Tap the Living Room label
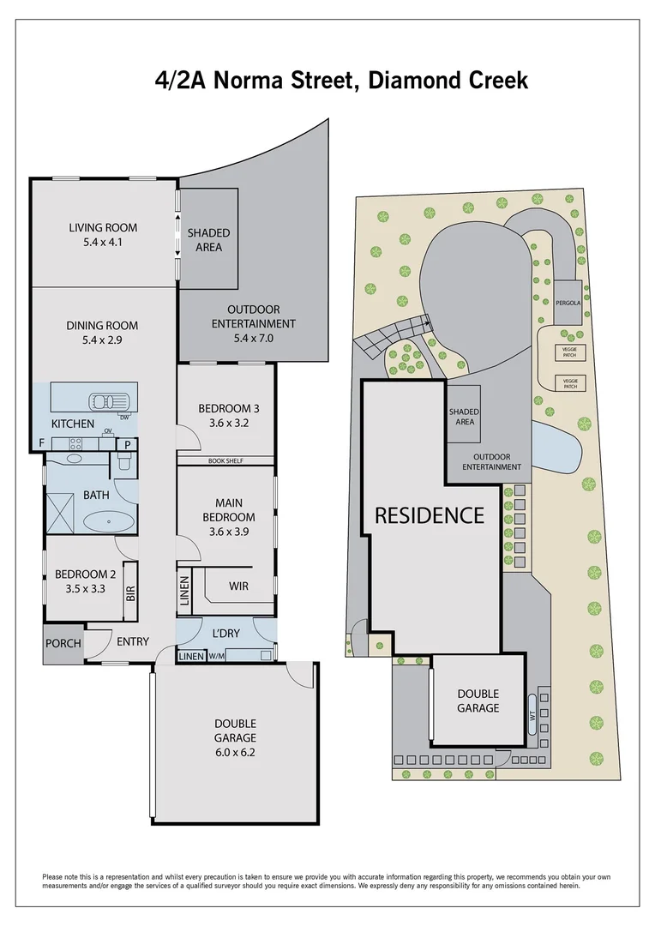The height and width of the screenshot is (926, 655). [x=103, y=227]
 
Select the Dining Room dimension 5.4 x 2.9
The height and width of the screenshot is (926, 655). [x=103, y=340]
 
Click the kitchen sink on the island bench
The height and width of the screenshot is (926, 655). [x=109, y=400]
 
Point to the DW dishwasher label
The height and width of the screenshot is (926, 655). [x=124, y=418]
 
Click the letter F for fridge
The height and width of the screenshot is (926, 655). [x=41, y=443]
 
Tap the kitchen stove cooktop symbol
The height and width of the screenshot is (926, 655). [x=75, y=443]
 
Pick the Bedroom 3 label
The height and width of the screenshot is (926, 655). [x=228, y=408]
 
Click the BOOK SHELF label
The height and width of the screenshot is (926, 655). [x=225, y=461]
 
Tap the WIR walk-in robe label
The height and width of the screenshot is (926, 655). [x=239, y=586]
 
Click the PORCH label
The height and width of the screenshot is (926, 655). [x=63, y=644]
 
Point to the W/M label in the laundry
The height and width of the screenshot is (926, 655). [x=216, y=657]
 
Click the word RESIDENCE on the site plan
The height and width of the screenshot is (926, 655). [x=430, y=515]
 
